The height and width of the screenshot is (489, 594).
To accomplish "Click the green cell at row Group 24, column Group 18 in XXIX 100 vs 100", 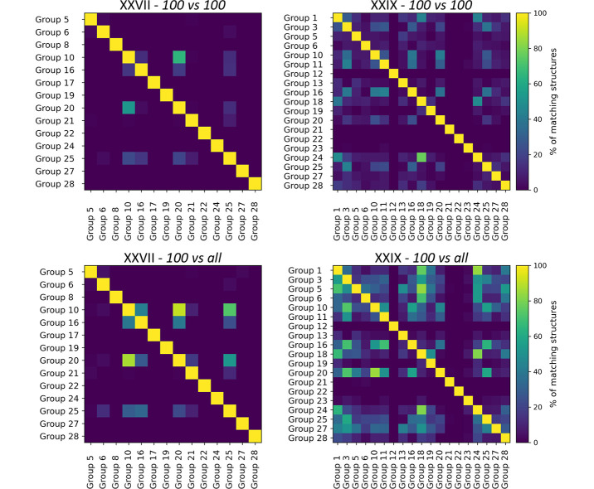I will pos(421,157).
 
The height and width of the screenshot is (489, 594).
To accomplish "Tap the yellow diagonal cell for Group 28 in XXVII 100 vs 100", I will pos(253,182).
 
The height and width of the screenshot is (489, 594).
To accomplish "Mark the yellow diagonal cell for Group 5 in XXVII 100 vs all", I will pos(91,272).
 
